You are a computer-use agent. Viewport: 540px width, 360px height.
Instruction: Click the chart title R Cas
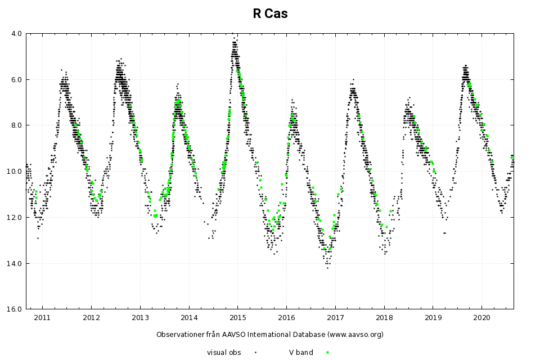[270, 14]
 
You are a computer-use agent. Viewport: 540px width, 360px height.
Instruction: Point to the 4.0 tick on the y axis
[16, 33]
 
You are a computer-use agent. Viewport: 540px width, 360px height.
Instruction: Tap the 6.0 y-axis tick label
[16, 79]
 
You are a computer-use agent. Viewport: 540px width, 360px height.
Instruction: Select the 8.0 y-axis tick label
[16, 125]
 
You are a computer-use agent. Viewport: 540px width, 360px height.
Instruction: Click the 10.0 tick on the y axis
[15, 171]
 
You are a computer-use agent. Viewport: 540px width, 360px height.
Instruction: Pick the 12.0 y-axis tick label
[15, 217]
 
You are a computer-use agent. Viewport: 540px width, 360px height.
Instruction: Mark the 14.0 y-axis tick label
[15, 263]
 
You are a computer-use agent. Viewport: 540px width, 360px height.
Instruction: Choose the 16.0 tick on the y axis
[15, 309]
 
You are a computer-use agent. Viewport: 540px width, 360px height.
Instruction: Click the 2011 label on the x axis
[42, 318]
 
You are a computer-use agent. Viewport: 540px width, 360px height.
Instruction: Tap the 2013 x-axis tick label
[140, 318]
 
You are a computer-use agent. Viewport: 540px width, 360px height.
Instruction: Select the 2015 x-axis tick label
[237, 318]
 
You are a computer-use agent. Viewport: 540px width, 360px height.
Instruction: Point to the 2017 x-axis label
[335, 318]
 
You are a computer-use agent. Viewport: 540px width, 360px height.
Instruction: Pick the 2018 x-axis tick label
[384, 318]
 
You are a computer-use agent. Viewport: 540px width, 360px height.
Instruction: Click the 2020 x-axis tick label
[482, 318]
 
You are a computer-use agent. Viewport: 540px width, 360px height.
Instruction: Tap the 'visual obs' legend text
[224, 353]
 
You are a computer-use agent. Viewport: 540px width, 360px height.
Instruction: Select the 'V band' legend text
[301, 353]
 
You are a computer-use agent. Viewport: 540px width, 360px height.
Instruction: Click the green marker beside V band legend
[327, 353]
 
